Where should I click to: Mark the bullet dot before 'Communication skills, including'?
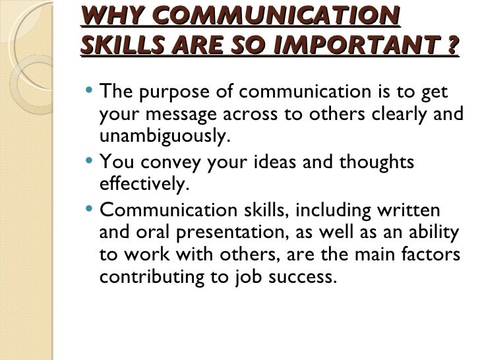(90, 210)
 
